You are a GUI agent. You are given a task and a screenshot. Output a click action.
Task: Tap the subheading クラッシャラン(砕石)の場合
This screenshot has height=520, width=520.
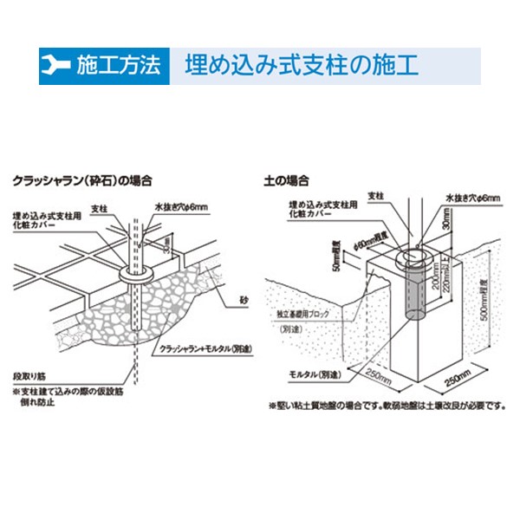(82, 181)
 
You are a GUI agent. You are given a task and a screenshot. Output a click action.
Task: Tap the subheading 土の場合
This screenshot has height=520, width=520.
(287, 181)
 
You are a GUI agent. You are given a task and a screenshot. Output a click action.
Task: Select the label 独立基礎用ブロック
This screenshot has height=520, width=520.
(309, 314)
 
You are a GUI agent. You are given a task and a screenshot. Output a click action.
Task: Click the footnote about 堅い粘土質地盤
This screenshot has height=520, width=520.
(382, 405)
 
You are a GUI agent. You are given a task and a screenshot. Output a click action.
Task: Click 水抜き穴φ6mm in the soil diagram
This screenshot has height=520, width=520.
(471, 198)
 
